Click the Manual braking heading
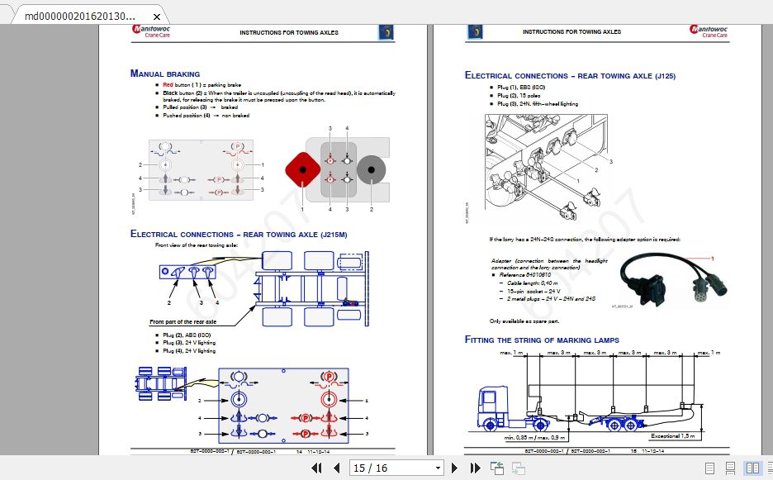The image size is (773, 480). (x=165, y=74)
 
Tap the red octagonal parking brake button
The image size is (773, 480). (x=303, y=169)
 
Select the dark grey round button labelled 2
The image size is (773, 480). (x=372, y=169)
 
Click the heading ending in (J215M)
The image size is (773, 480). (x=239, y=234)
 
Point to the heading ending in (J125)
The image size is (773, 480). (x=570, y=75)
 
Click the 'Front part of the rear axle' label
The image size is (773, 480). (x=183, y=321)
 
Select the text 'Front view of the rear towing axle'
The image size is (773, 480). (x=197, y=245)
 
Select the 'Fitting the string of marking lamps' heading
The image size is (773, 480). (x=542, y=340)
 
